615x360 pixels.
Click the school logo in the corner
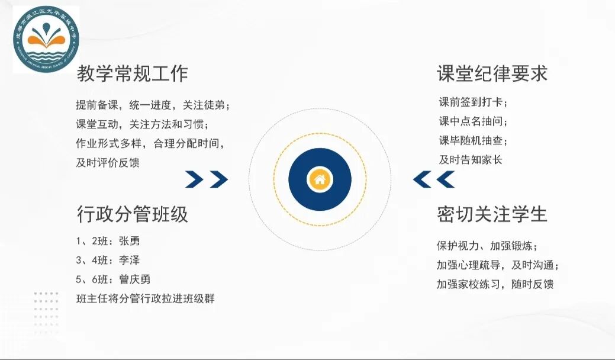click(x=46, y=40)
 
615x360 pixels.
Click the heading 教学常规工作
click(x=132, y=74)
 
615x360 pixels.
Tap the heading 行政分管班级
click(x=132, y=214)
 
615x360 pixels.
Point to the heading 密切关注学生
click(x=492, y=214)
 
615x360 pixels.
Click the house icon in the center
click(x=320, y=179)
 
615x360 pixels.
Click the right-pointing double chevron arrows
click(x=206, y=179)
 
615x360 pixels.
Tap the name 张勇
click(x=129, y=241)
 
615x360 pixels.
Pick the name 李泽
click(x=129, y=260)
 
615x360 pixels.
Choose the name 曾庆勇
click(x=134, y=279)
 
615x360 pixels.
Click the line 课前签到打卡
click(x=473, y=102)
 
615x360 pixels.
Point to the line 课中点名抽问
click(x=473, y=121)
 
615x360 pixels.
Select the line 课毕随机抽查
click(x=473, y=140)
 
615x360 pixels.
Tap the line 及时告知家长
click(x=470, y=159)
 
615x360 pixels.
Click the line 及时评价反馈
click(x=108, y=163)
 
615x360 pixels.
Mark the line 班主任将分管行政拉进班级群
click(x=145, y=298)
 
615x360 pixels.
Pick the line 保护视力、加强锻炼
click(x=487, y=246)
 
